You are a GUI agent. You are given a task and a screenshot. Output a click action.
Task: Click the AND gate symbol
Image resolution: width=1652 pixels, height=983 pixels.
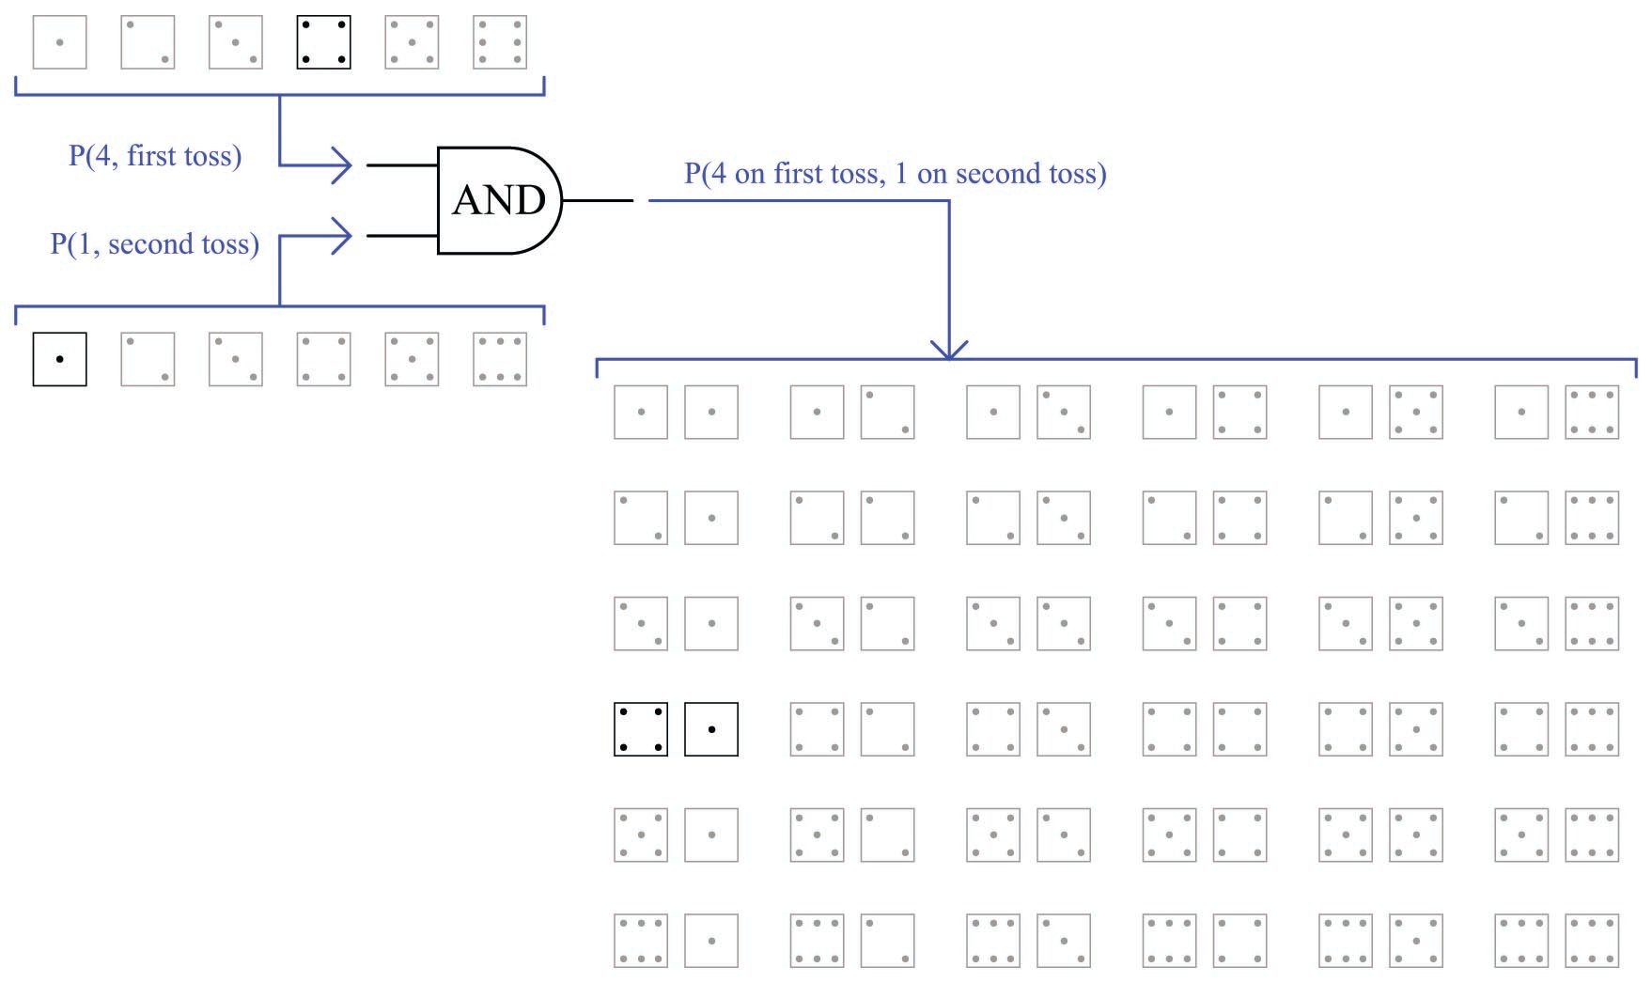click(x=498, y=200)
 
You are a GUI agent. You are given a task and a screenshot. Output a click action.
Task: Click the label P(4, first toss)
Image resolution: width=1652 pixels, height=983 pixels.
click(x=155, y=155)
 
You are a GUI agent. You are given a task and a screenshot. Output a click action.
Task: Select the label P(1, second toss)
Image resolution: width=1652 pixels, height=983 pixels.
click(x=154, y=244)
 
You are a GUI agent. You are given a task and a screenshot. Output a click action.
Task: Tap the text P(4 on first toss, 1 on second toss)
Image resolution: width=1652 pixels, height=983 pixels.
click(x=895, y=173)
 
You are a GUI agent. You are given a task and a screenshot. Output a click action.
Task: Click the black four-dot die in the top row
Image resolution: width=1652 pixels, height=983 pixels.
click(x=324, y=42)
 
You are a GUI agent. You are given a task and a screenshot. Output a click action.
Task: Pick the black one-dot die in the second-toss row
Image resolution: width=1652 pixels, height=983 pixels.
click(x=60, y=359)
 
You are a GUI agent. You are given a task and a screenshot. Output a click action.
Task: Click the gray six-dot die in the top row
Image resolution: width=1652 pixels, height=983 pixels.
click(x=500, y=42)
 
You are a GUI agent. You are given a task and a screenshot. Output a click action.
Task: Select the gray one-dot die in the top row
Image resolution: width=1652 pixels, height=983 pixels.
click(x=60, y=42)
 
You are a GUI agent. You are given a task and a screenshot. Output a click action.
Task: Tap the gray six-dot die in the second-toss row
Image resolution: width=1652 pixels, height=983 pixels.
click(x=500, y=359)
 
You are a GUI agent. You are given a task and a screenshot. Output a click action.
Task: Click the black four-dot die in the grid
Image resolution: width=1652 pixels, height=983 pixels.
click(x=641, y=729)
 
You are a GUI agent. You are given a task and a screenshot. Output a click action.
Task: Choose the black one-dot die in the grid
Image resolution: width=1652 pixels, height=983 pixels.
click(x=711, y=729)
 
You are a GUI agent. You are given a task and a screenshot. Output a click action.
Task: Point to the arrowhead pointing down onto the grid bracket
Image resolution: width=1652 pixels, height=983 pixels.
click(x=949, y=351)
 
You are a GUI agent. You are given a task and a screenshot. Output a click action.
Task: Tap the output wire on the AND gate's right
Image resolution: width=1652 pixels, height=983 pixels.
click(x=598, y=200)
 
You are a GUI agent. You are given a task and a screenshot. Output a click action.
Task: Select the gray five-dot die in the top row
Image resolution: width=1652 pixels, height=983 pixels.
click(x=412, y=42)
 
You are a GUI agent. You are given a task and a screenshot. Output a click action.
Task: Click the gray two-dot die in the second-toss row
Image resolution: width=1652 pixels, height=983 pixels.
click(x=148, y=359)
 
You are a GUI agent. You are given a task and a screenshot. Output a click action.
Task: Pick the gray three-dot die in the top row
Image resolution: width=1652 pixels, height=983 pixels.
click(x=236, y=42)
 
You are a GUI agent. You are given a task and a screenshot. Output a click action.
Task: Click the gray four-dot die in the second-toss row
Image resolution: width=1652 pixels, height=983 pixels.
click(x=324, y=359)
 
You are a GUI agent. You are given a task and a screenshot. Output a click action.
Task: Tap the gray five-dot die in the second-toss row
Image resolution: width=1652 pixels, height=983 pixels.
click(x=412, y=359)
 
